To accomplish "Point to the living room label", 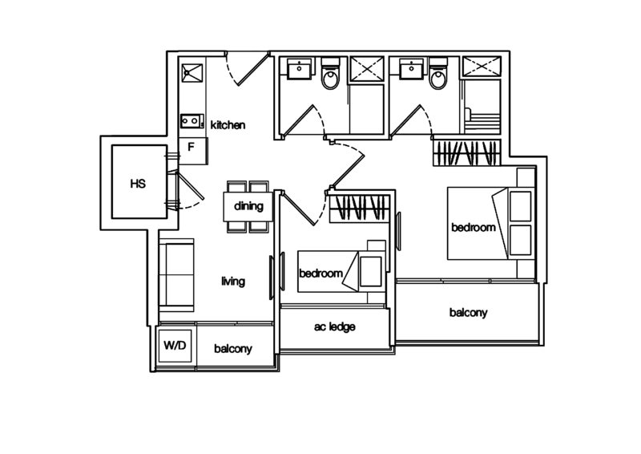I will click(233, 282).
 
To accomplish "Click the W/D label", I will click(175, 347).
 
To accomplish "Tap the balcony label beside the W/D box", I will click(233, 349).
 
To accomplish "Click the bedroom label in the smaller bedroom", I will click(321, 274).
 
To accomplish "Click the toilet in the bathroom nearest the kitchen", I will click(329, 77).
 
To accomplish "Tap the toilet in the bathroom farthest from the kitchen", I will click(438, 77).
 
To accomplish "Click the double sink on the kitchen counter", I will click(190, 121).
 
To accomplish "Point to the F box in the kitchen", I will click(191, 147).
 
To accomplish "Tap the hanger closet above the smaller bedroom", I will click(359, 207).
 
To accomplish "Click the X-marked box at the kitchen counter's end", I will click(189, 75).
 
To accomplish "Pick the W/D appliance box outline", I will click(175, 347).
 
